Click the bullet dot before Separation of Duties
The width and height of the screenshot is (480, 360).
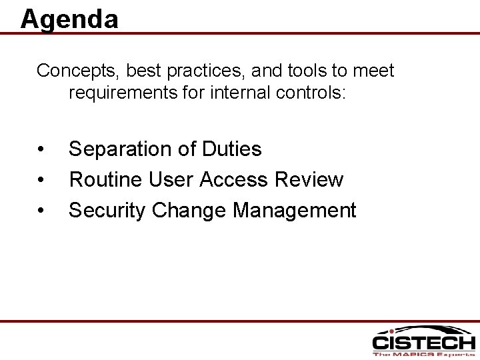(41, 149)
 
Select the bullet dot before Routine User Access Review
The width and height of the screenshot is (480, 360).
(41, 180)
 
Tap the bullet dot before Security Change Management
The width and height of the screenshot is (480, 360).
(41, 211)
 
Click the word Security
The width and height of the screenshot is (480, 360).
(108, 210)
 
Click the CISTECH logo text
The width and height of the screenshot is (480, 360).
(423, 343)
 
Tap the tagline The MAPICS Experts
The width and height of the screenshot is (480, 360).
(423, 355)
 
